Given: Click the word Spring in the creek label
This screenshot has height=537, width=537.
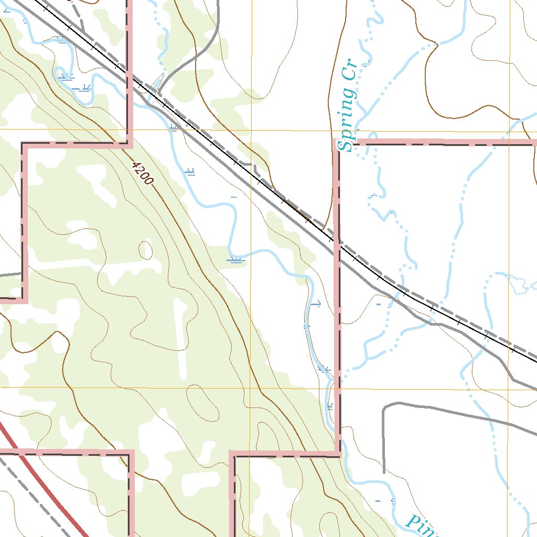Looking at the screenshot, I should tap(347, 120).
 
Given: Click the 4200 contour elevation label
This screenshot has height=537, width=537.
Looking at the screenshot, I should tap(142, 173).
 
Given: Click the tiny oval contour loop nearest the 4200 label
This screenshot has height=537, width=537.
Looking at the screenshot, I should tap(146, 250).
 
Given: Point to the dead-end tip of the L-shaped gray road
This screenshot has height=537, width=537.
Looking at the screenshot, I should tap(384, 472).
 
